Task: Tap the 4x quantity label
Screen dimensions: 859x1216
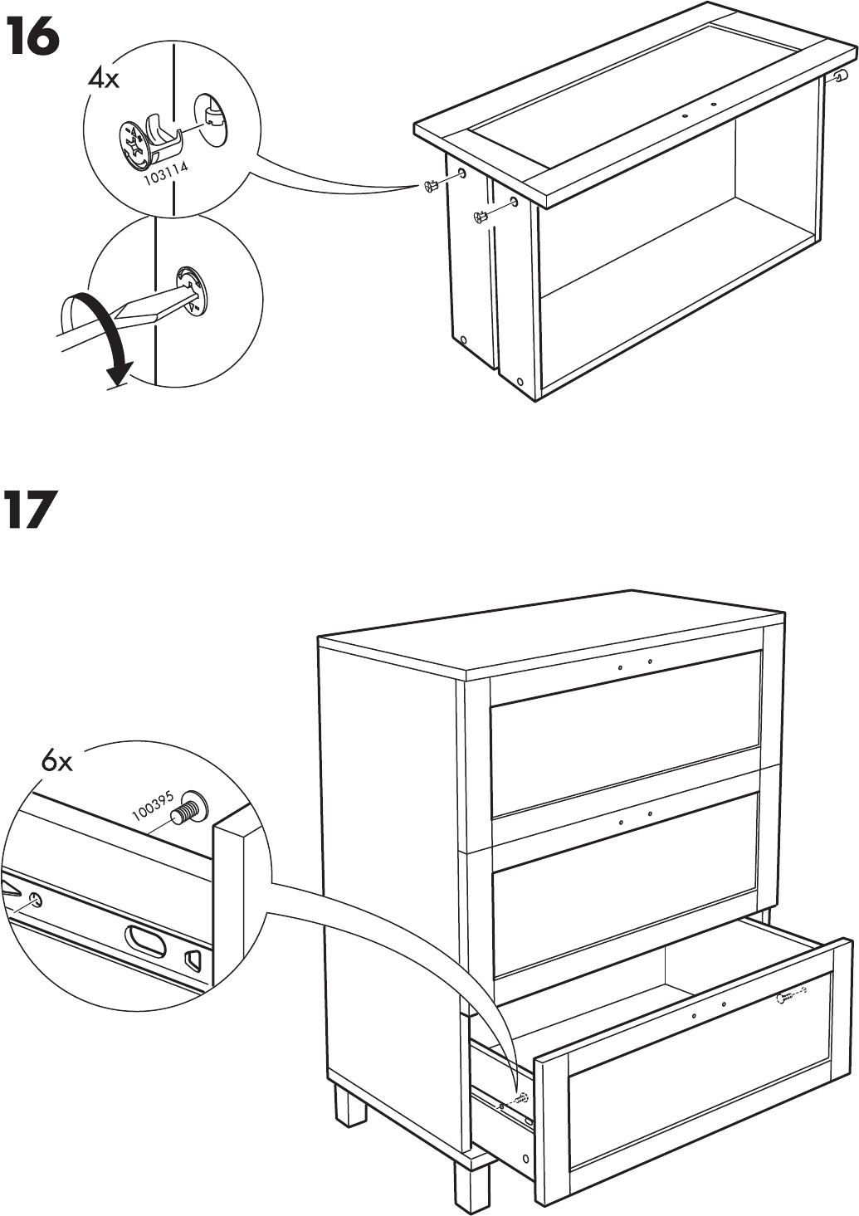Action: click(104, 79)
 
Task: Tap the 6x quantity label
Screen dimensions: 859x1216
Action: click(57, 760)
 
